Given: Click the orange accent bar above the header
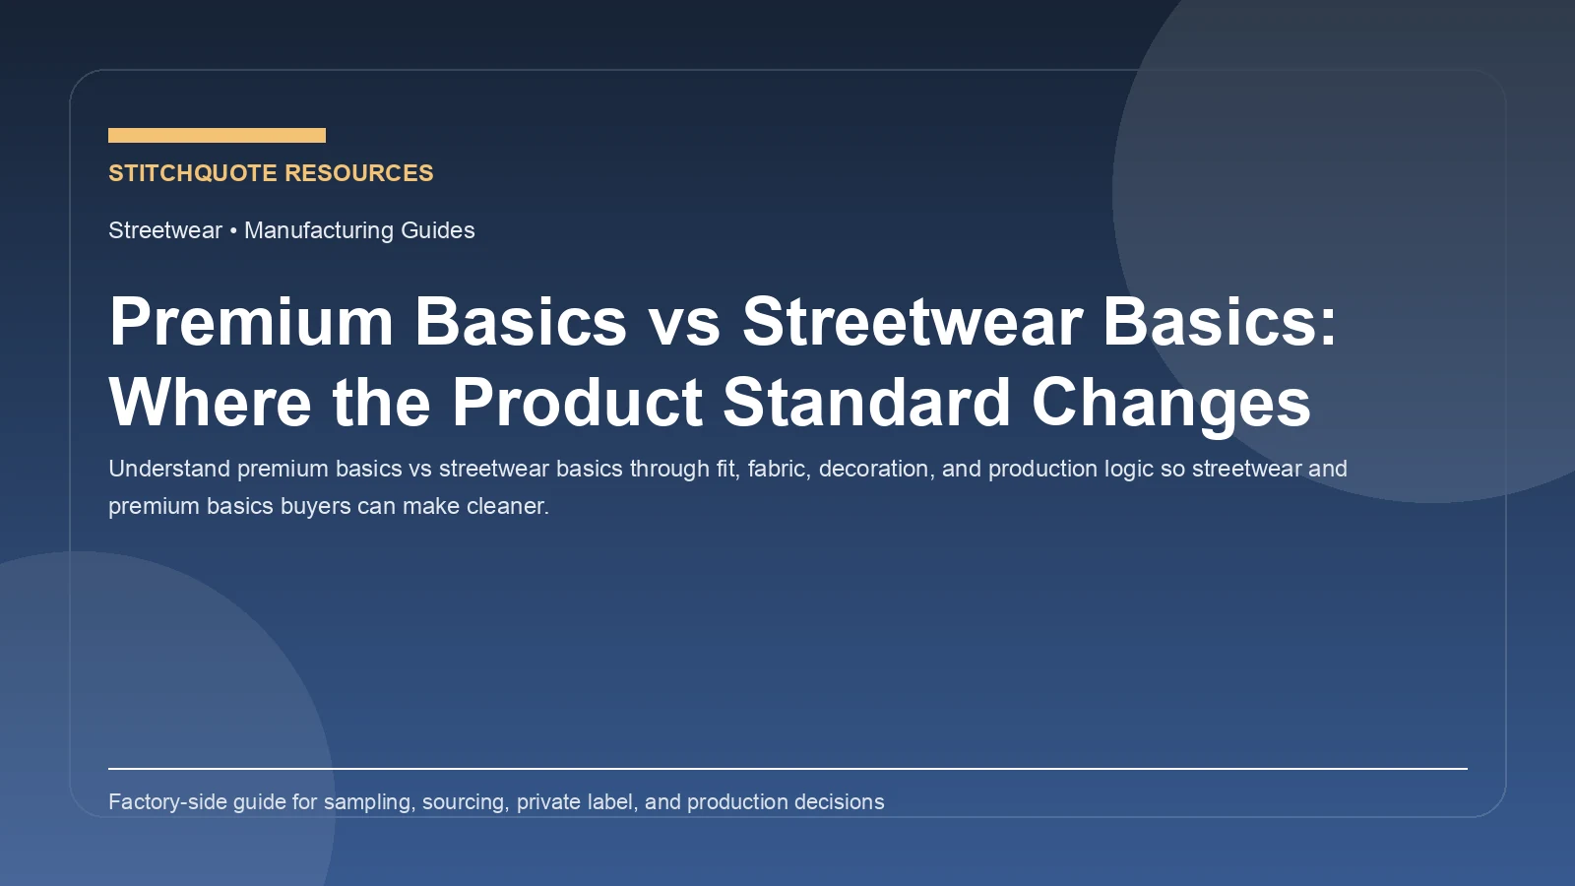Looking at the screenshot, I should pos(217,135).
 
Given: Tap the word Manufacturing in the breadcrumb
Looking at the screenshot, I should pos(318,230).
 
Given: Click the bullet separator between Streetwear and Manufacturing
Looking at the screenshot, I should pos(233,230).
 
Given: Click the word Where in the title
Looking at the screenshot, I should pos(210,403).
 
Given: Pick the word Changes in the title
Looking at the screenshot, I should pos(1170,403).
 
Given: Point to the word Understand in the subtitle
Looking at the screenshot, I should pos(168,469).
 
